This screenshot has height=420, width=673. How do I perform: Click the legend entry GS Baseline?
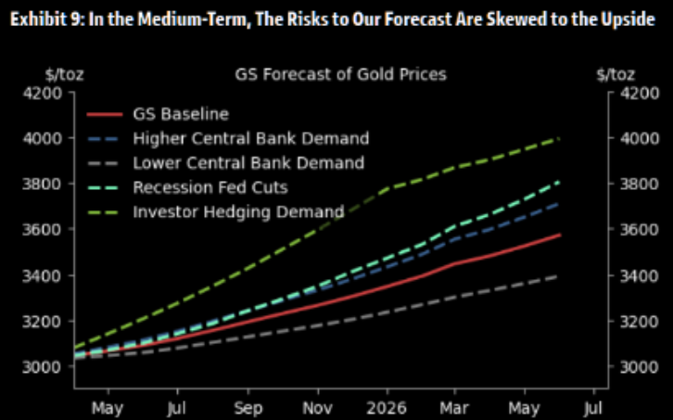click(x=181, y=115)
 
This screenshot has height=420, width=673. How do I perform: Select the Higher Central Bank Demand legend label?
click(x=250, y=139)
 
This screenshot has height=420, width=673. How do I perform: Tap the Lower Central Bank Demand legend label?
click(x=248, y=163)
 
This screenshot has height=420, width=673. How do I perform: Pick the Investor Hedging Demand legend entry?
click(x=238, y=211)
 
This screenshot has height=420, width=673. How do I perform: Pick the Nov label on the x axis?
click(x=317, y=407)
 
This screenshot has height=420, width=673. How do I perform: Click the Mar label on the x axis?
click(x=454, y=407)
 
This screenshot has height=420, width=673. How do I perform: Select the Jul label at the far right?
click(x=593, y=407)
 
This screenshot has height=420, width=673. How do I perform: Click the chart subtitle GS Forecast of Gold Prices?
click(x=340, y=73)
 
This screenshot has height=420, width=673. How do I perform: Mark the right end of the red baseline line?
click(x=561, y=235)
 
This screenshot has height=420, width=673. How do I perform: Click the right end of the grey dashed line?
click(x=561, y=275)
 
